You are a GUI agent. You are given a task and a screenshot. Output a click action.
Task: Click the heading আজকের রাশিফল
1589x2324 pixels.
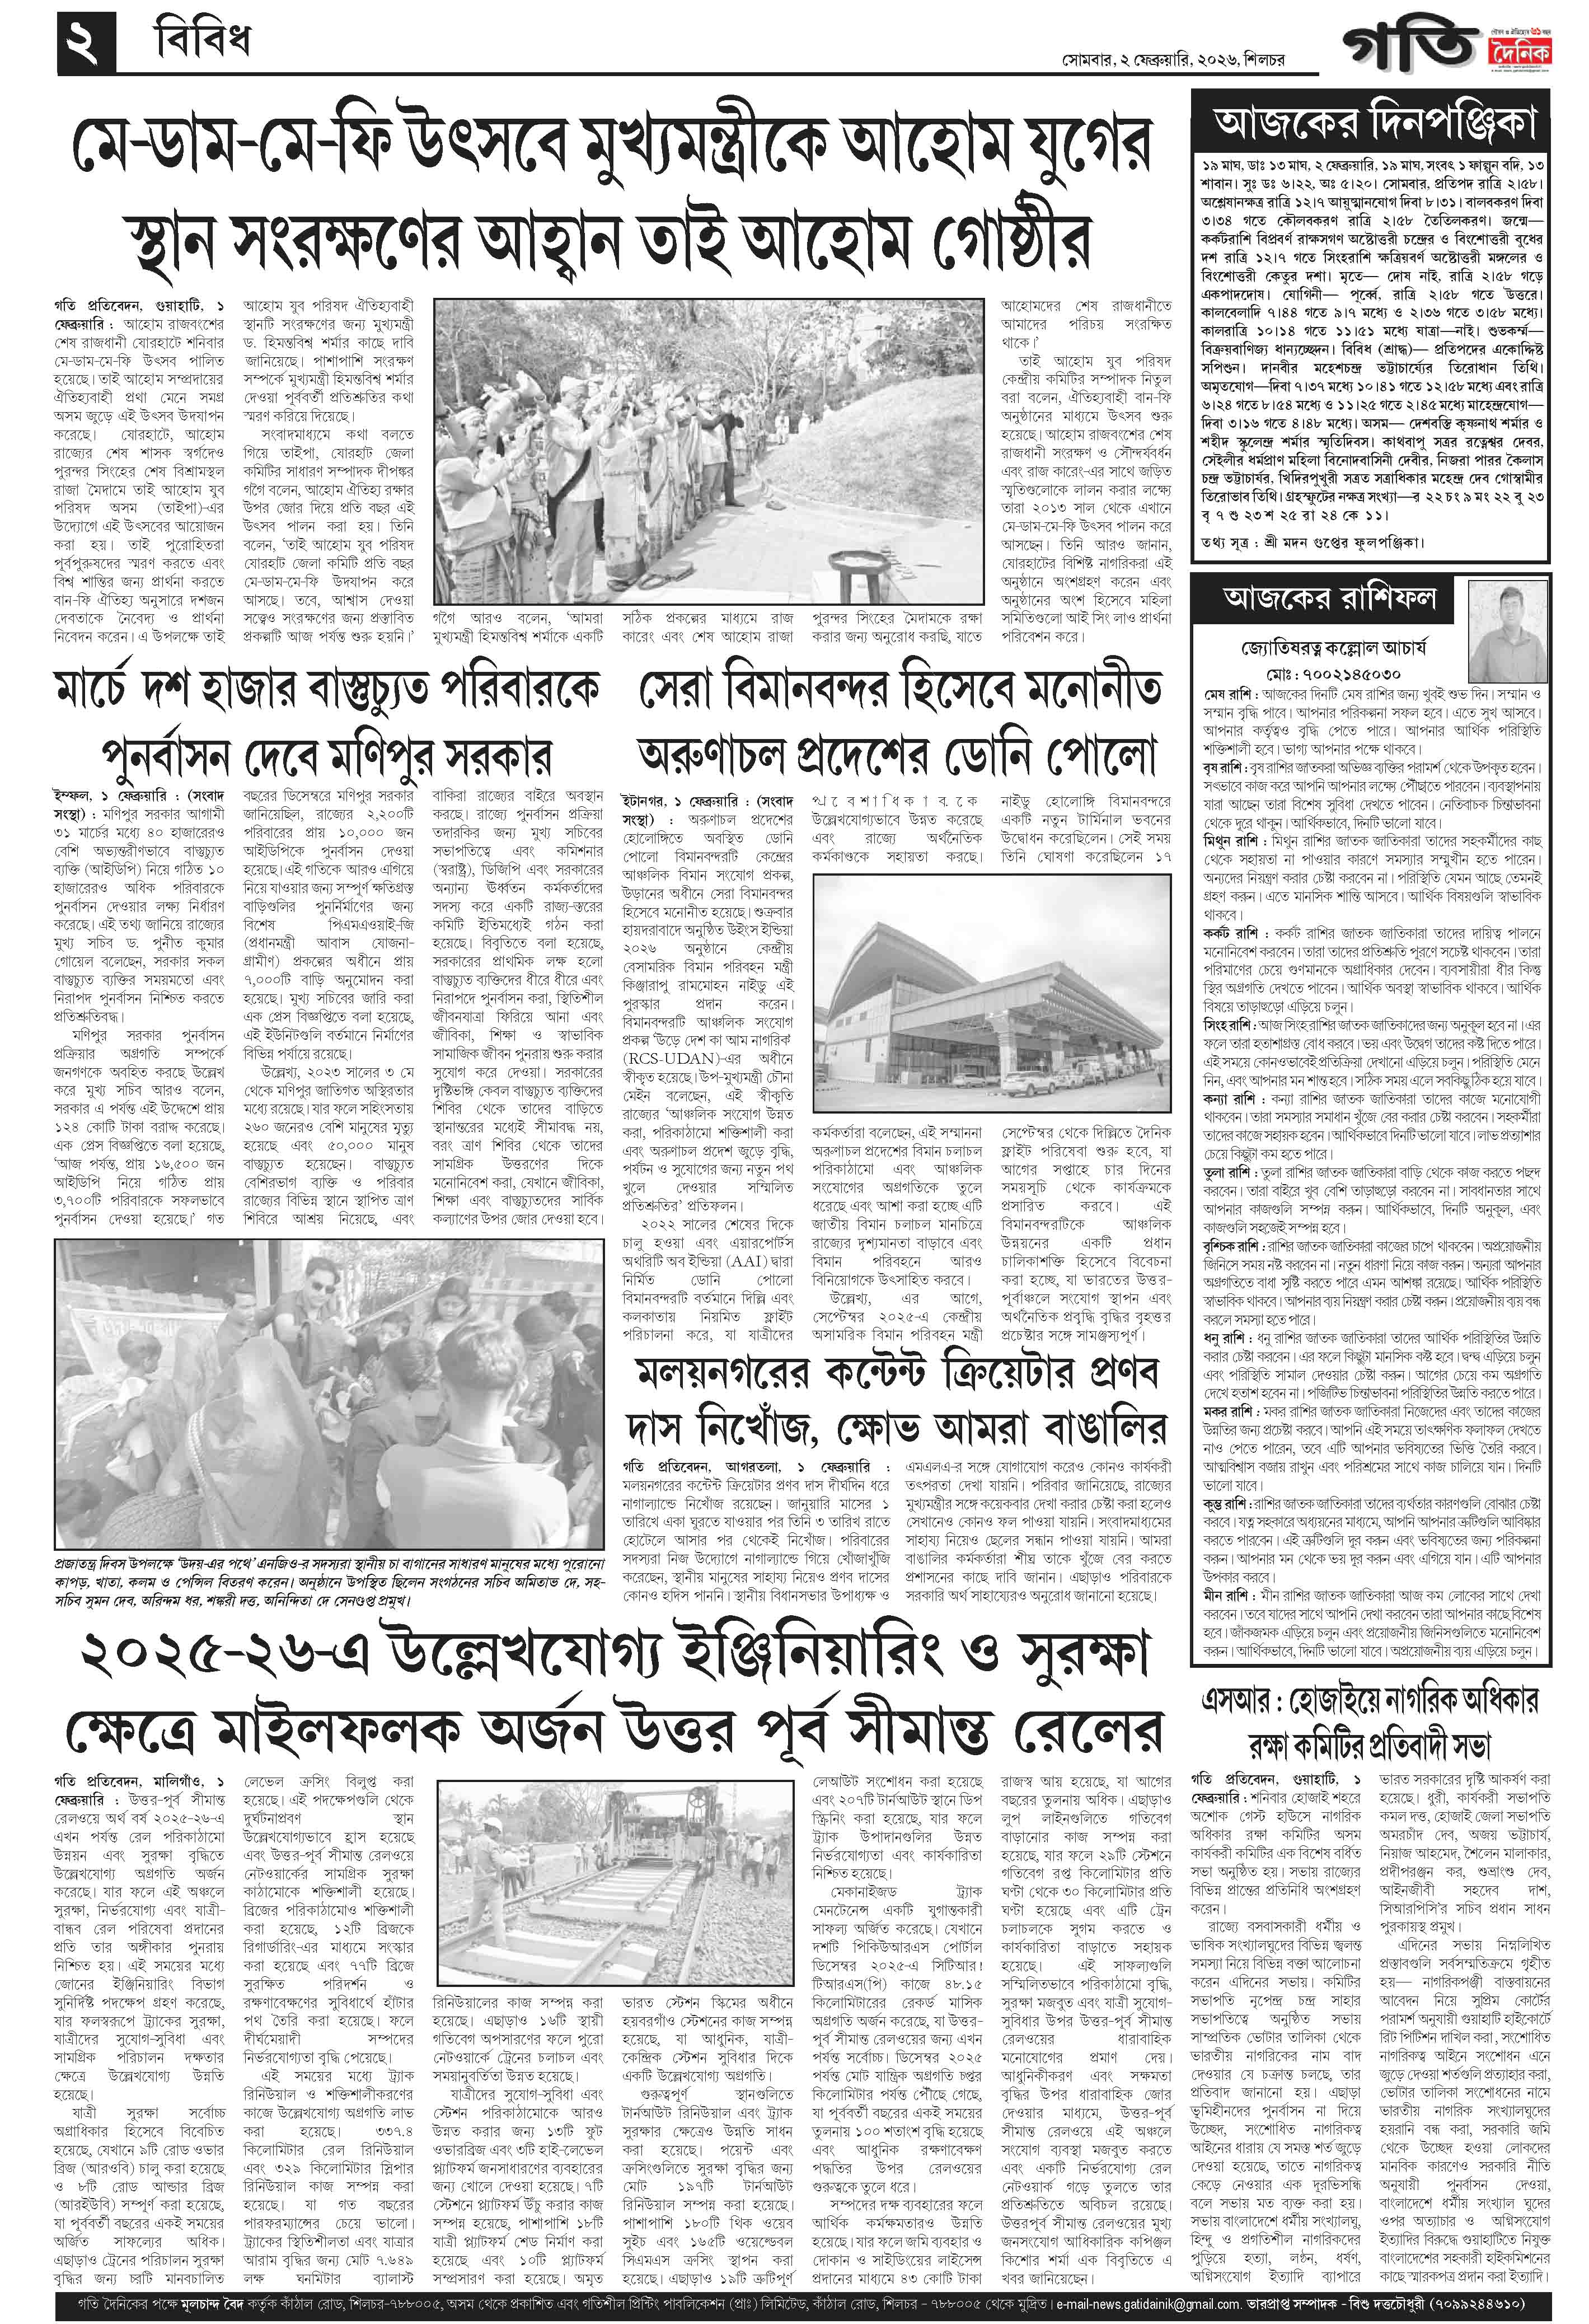1330,598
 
